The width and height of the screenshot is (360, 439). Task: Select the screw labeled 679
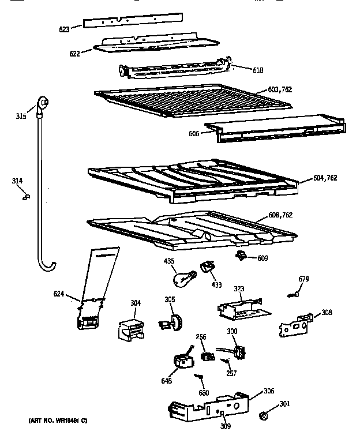[x=292, y=295]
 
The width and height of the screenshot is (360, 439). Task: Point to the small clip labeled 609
[x=242, y=255]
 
